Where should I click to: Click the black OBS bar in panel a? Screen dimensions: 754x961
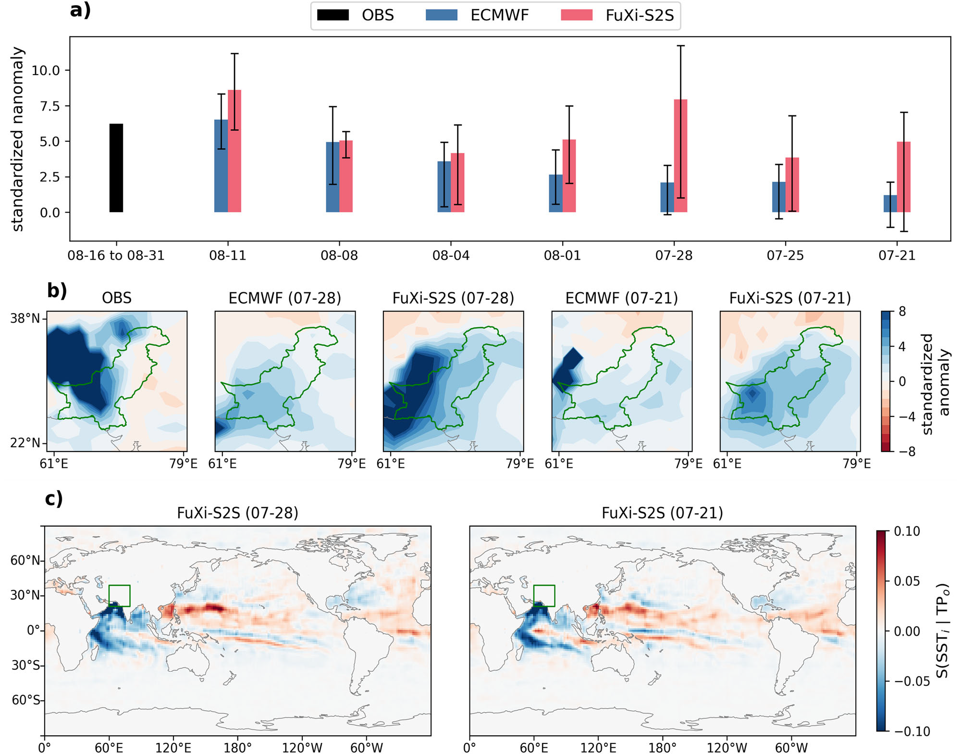(116, 168)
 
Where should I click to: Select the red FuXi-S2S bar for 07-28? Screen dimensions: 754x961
(680, 156)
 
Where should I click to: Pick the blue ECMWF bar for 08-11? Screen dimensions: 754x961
(221, 166)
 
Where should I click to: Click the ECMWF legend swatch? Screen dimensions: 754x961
(441, 15)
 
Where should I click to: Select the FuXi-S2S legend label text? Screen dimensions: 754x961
(640, 15)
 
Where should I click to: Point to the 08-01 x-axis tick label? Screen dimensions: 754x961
(562, 255)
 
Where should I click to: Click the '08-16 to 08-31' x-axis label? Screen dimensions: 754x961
(116, 255)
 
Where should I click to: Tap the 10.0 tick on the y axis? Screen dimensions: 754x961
(46, 71)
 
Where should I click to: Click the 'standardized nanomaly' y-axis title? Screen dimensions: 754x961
(17, 139)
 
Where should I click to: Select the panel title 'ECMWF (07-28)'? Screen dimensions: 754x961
(284, 298)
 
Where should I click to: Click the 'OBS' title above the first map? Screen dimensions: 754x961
(116, 298)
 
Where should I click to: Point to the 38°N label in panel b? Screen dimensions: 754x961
(25, 318)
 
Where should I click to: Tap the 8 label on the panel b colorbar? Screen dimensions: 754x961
(902, 312)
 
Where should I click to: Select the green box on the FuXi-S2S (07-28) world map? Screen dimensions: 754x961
(119, 596)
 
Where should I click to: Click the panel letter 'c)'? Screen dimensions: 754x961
(54, 499)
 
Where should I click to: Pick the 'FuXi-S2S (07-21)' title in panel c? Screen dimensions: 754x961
(662, 513)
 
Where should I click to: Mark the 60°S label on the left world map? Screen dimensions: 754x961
(25, 700)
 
